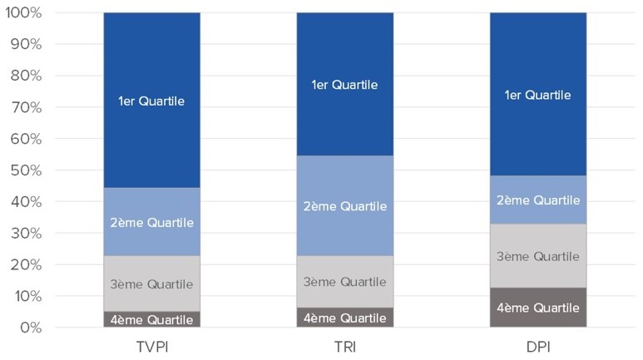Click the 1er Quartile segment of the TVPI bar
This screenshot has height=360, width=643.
[151, 100]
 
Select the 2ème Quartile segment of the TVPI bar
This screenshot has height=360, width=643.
[151, 222]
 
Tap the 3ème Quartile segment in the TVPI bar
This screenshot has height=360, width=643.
[151, 284]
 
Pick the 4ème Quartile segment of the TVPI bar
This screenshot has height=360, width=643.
[151, 319]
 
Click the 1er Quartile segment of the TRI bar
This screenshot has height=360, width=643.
[344, 84]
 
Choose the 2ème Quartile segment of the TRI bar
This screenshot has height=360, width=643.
[344, 205]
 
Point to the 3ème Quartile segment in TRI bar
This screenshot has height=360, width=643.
[344, 281]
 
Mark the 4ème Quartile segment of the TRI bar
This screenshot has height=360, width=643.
[344, 318]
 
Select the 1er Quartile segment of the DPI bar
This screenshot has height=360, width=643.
[537, 94]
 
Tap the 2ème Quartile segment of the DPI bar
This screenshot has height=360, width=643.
[537, 200]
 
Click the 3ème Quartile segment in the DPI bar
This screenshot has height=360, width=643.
[537, 256]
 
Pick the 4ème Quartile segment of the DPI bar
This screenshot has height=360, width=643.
[537, 308]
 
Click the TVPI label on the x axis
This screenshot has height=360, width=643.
[151, 347]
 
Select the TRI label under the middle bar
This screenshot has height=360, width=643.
[344, 347]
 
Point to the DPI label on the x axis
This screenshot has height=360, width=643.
[537, 347]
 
